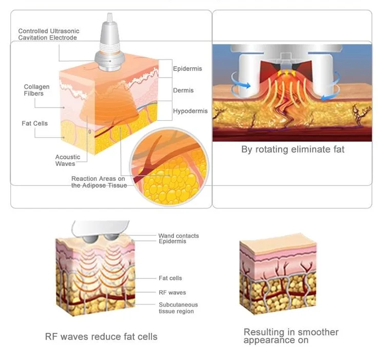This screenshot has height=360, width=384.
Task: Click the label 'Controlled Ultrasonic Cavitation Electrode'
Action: tap(48, 34)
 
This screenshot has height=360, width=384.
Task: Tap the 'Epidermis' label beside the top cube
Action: tap(187, 69)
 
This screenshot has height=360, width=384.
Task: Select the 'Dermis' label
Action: tap(183, 90)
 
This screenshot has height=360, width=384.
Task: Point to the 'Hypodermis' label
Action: tap(190, 111)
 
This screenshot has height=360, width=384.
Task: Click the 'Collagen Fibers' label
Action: tap(37, 90)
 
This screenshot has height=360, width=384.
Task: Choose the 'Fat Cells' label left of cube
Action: tap(35, 124)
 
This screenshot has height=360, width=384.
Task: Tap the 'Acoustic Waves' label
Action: tap(68, 160)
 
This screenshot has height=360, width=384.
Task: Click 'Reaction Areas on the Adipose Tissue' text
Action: tap(98, 182)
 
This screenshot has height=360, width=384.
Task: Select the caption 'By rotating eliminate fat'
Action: tap(293, 149)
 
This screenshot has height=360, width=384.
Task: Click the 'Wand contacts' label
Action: tap(178, 236)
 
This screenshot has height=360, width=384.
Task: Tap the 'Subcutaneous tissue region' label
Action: tap(178, 308)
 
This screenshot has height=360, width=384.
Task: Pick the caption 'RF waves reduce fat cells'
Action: tap(101, 337)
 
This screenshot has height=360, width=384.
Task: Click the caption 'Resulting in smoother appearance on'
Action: tap(291, 336)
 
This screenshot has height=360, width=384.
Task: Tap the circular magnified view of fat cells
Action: tap(169, 170)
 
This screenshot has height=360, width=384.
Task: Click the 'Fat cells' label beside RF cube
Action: tap(170, 278)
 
